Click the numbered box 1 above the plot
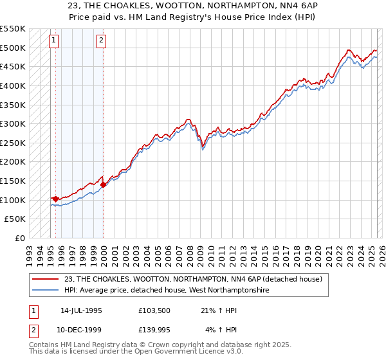(55, 40)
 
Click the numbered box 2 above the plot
(102, 40)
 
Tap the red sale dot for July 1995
(56, 199)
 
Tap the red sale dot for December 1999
(103, 185)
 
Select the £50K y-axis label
(15, 219)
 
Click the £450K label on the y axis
(13, 66)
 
